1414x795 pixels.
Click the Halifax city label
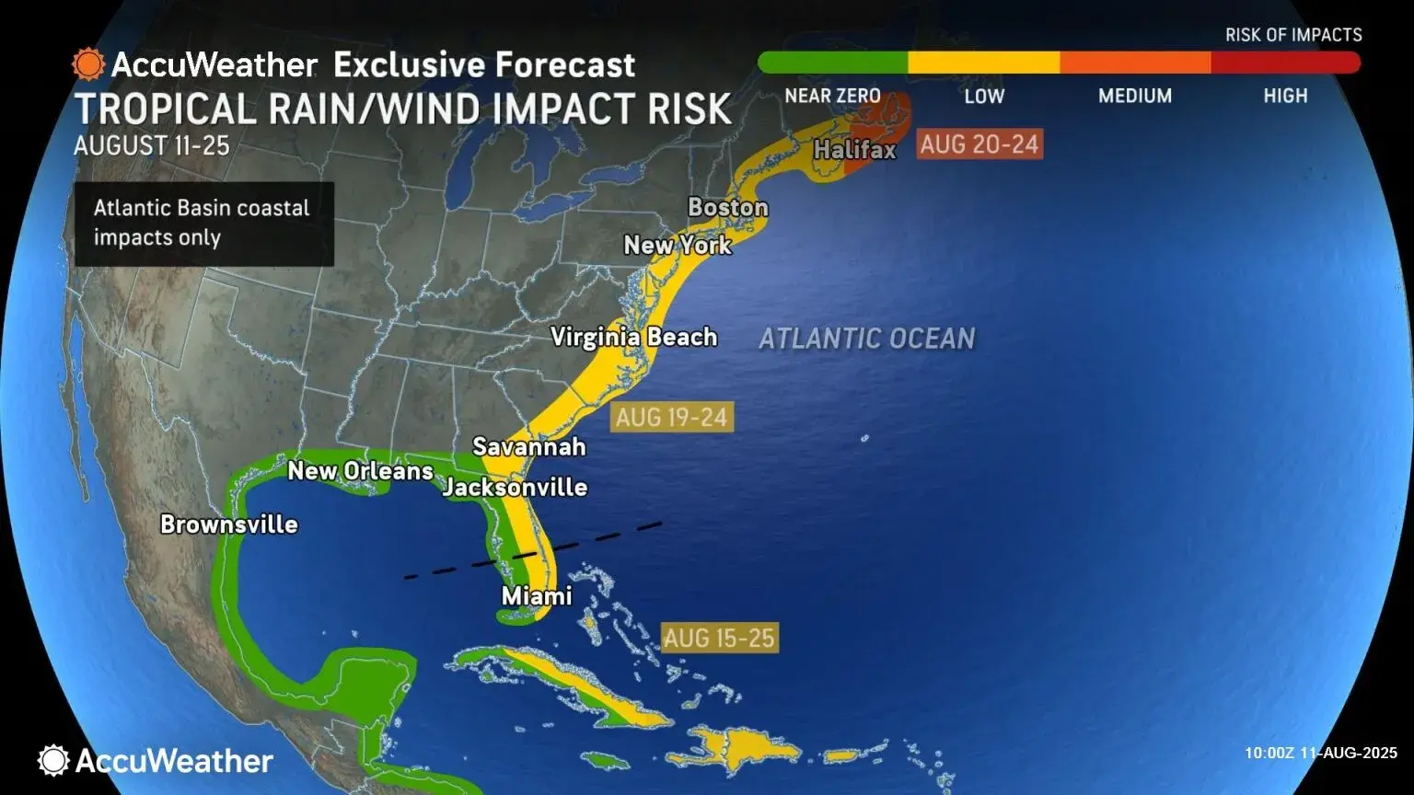[854, 149]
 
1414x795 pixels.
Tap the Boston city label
[727, 207]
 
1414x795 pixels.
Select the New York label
[678, 245]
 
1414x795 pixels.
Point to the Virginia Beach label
[633, 337]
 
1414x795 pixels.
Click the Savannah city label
[528, 446]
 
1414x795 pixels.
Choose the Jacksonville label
[515, 487]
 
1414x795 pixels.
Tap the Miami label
[537, 595]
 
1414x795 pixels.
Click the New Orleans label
[360, 471]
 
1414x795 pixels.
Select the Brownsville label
[229, 524]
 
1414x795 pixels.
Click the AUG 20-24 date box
[979, 144]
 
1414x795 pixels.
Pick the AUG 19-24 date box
[671, 418]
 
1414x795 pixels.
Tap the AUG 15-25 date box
[719, 638]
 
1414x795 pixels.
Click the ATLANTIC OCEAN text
[866, 339]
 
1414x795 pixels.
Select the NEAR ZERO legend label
[832, 96]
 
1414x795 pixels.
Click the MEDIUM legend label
[1134, 96]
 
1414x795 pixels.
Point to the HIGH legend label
[1285, 96]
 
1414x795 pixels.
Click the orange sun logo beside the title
[88, 64]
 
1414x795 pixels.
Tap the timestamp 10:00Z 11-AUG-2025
[1320, 753]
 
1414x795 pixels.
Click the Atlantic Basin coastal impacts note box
[203, 224]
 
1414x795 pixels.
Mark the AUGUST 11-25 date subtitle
[151, 145]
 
